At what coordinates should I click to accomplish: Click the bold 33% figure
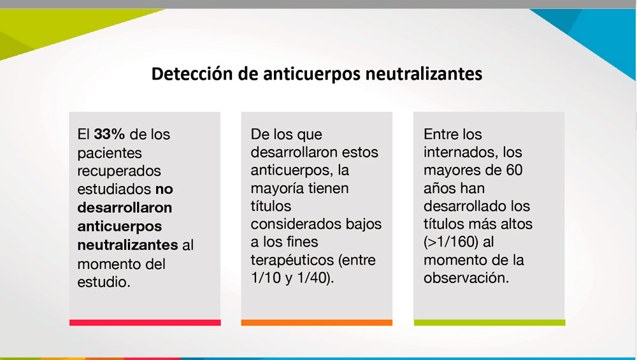(x=110, y=134)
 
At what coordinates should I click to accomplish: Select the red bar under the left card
(x=145, y=322)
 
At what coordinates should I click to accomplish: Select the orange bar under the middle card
(x=317, y=322)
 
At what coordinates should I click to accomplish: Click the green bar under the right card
(x=489, y=322)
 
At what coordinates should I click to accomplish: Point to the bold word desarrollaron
(x=125, y=208)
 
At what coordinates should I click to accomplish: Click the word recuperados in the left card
(x=119, y=171)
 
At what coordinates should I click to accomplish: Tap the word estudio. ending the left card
(x=104, y=282)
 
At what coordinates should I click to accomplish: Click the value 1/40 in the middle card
(x=312, y=278)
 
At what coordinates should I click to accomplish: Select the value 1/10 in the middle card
(x=266, y=278)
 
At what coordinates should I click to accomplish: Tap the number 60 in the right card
(x=514, y=170)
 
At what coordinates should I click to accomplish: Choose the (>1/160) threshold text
(x=451, y=242)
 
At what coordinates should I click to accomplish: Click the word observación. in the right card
(x=466, y=278)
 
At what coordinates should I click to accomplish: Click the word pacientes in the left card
(x=110, y=154)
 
